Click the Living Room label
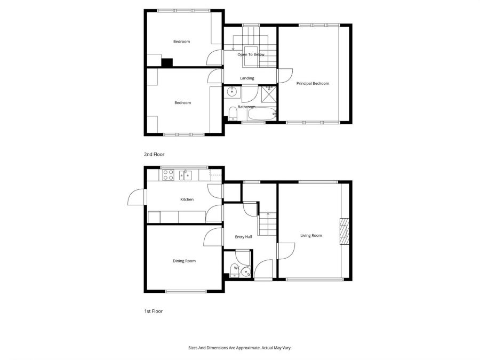[311, 235]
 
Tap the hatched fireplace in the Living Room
[345, 231]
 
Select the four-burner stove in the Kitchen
[168, 174]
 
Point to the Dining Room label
[184, 261]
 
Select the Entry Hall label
[243, 237]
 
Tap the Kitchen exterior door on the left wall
[137, 197]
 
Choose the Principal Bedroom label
[313, 83]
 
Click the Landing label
[247, 78]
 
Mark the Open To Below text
[251, 54]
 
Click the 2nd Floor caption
[154, 154]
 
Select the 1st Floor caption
[153, 311]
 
